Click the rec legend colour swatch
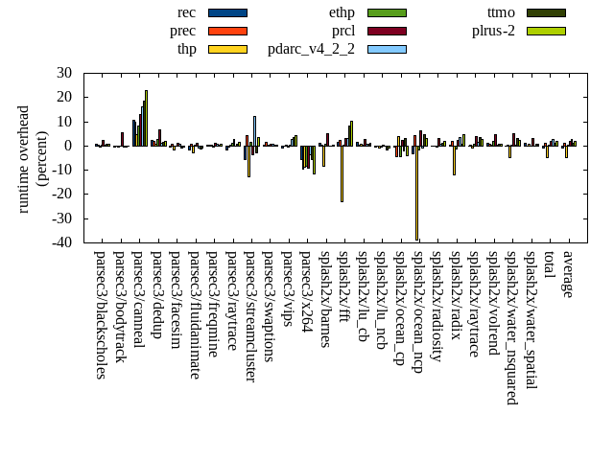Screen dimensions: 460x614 click(x=227, y=12)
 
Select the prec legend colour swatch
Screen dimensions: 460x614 click(x=227, y=31)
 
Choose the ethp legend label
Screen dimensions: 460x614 click(x=341, y=12)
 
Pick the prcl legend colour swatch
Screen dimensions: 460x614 click(x=387, y=31)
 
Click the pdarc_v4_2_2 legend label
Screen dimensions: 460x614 click(x=311, y=49)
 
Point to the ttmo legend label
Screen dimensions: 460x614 click(x=501, y=12)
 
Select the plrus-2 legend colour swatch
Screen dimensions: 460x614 click(x=546, y=31)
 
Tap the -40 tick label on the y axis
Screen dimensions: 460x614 click(x=62, y=242)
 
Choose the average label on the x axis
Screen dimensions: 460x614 click(x=567, y=274)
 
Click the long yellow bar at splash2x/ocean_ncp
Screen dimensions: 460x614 click(x=416, y=192)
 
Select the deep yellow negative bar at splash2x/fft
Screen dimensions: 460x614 click(x=342, y=173)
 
